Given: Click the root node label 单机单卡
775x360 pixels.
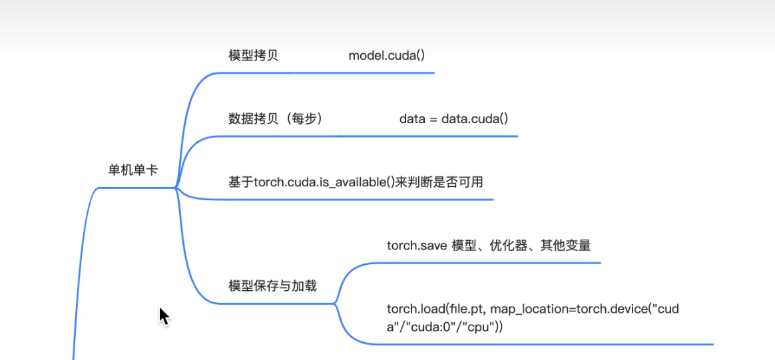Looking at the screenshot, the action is (x=133, y=170).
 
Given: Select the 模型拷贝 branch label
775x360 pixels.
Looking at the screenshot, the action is (x=253, y=55).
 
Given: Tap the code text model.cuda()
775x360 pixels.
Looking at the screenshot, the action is (x=387, y=55).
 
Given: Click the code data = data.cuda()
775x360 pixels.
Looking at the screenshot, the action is (x=453, y=119).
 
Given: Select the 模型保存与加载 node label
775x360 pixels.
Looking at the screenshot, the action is (x=272, y=285).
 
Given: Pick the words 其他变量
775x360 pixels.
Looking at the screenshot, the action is (x=565, y=246).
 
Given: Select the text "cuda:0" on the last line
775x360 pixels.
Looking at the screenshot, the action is (x=425, y=327).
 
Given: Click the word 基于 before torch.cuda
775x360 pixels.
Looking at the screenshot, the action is (x=241, y=182).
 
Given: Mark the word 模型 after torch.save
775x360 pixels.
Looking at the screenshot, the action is (x=464, y=246).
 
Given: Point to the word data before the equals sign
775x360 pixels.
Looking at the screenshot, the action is (x=412, y=119).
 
